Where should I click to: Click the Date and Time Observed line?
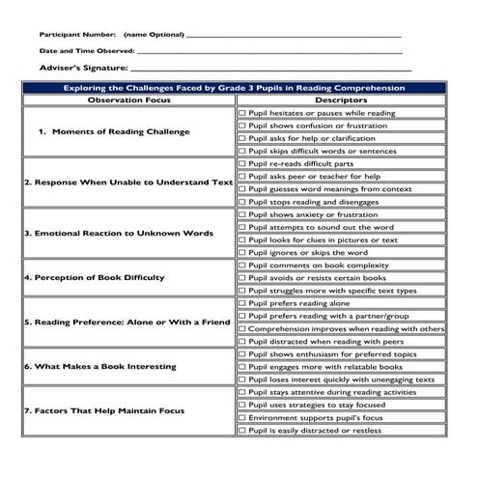(270, 52)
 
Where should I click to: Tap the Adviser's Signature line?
(270, 70)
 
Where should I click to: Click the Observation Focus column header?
(129, 99)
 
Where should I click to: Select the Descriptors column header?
(342, 99)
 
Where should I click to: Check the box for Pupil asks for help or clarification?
(242, 138)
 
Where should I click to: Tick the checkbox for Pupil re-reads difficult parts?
(242, 163)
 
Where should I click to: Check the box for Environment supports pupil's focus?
(242, 417)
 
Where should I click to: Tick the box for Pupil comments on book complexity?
(242, 265)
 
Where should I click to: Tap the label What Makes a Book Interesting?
(100, 366)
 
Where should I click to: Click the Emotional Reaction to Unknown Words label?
(119, 233)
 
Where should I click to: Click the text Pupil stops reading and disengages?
(318, 202)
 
